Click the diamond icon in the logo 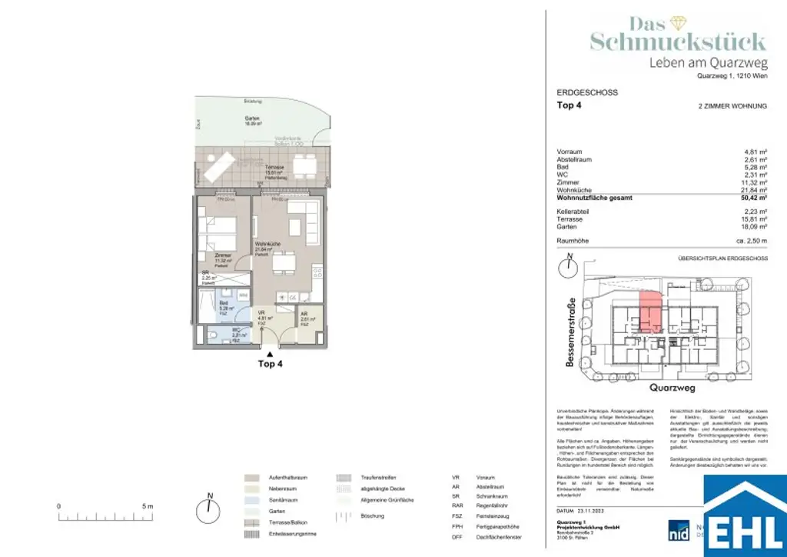(x=678, y=23)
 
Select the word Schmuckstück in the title (x=677, y=42)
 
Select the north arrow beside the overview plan (x=568, y=266)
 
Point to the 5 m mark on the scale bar (x=148, y=506)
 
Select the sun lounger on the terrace (x=220, y=166)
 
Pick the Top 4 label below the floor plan (x=270, y=365)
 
